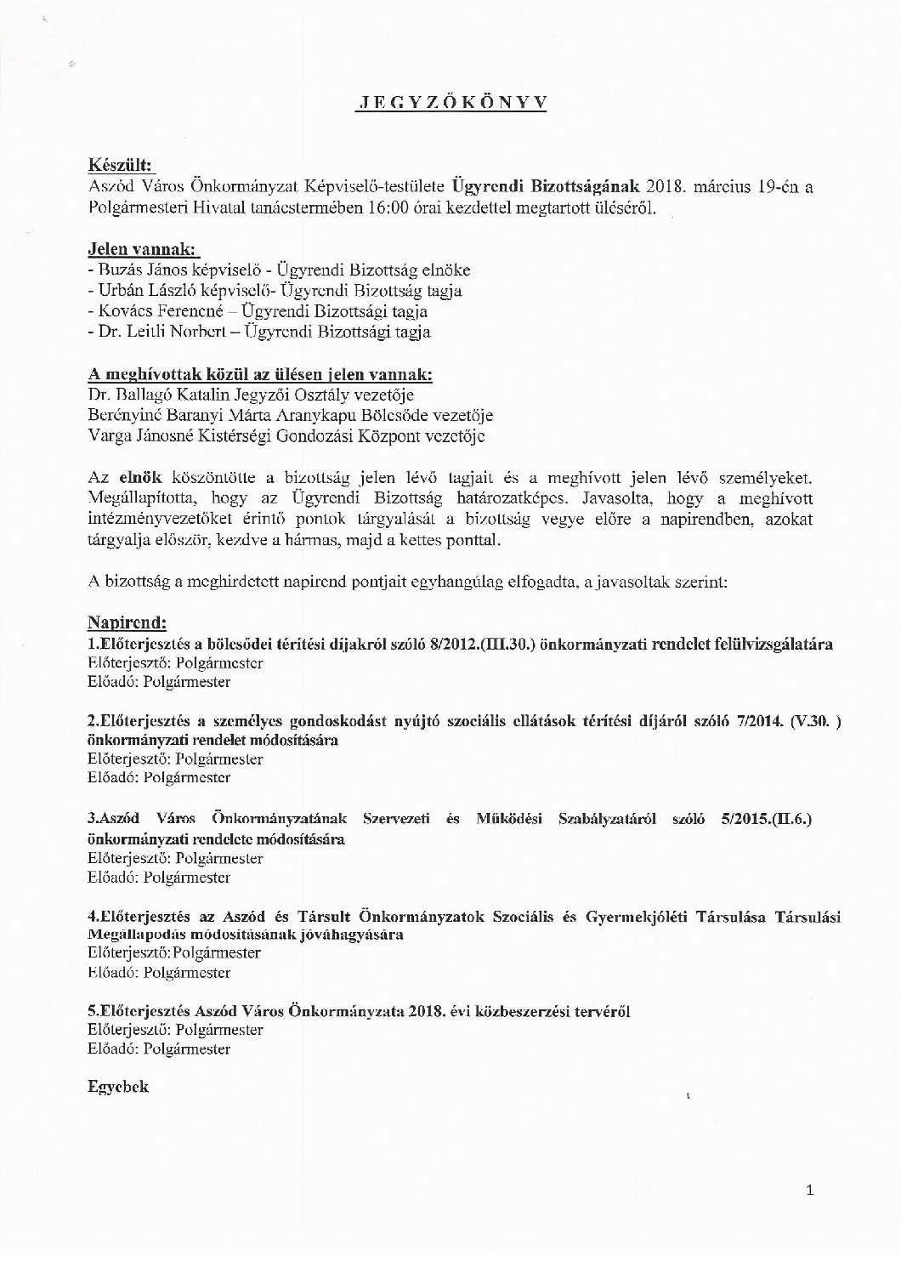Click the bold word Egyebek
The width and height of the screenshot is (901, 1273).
click(118, 1087)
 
